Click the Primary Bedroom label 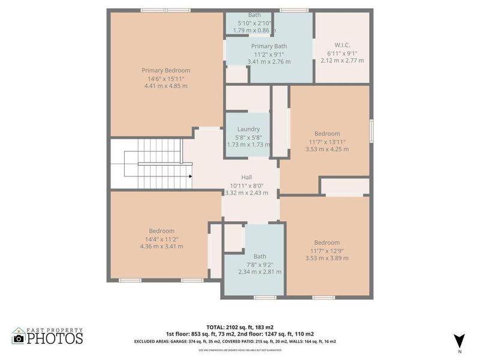pyautogui.click(x=166, y=70)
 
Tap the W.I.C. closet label pyautogui.click(x=342, y=45)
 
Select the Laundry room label pyautogui.click(x=248, y=129)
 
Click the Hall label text pyautogui.click(x=247, y=177)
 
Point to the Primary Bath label pyautogui.click(x=269, y=46)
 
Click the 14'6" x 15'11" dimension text pyautogui.click(x=166, y=78)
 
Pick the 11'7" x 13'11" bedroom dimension pyautogui.click(x=327, y=142)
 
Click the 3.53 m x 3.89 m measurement pyautogui.click(x=327, y=258)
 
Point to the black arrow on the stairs pyautogui.click(x=190, y=176)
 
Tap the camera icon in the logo pyautogui.click(x=19, y=338)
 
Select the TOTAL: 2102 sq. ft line pyautogui.click(x=240, y=327)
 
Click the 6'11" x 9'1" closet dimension pyautogui.click(x=342, y=53)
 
